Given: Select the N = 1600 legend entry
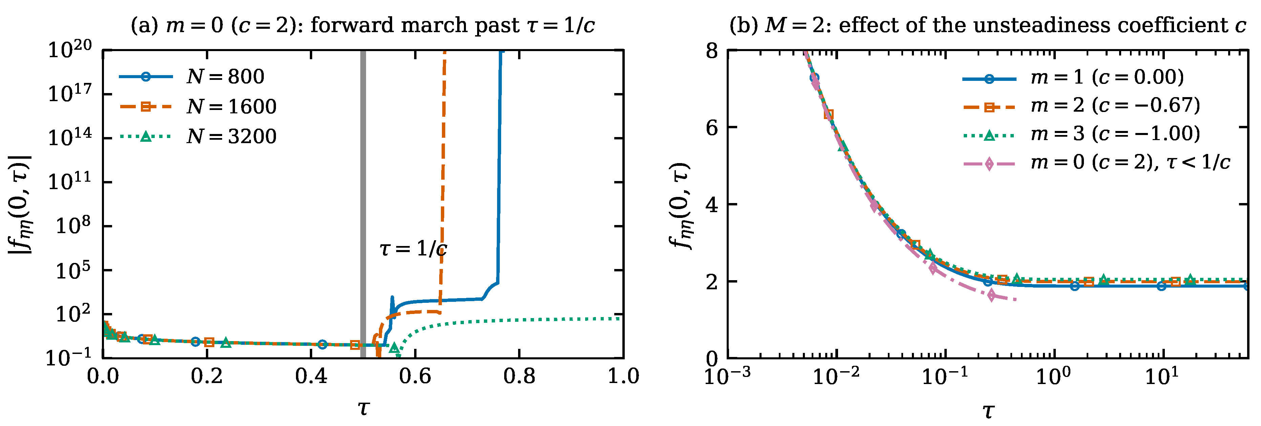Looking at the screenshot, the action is click(x=198, y=107).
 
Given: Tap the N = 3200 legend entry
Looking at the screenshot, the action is click(x=198, y=136).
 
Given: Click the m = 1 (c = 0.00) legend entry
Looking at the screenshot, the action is click(x=1073, y=77).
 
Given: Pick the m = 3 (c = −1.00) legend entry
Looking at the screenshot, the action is click(x=1081, y=134).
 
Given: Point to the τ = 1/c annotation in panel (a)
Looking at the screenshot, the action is click(x=413, y=249).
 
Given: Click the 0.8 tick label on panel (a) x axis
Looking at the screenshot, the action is click(x=519, y=377).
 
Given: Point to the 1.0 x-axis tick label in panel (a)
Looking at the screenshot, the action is click(x=623, y=377).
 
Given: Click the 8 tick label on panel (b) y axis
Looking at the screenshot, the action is click(x=712, y=50).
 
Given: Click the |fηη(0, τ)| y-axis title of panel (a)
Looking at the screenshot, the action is click(x=21, y=204).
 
